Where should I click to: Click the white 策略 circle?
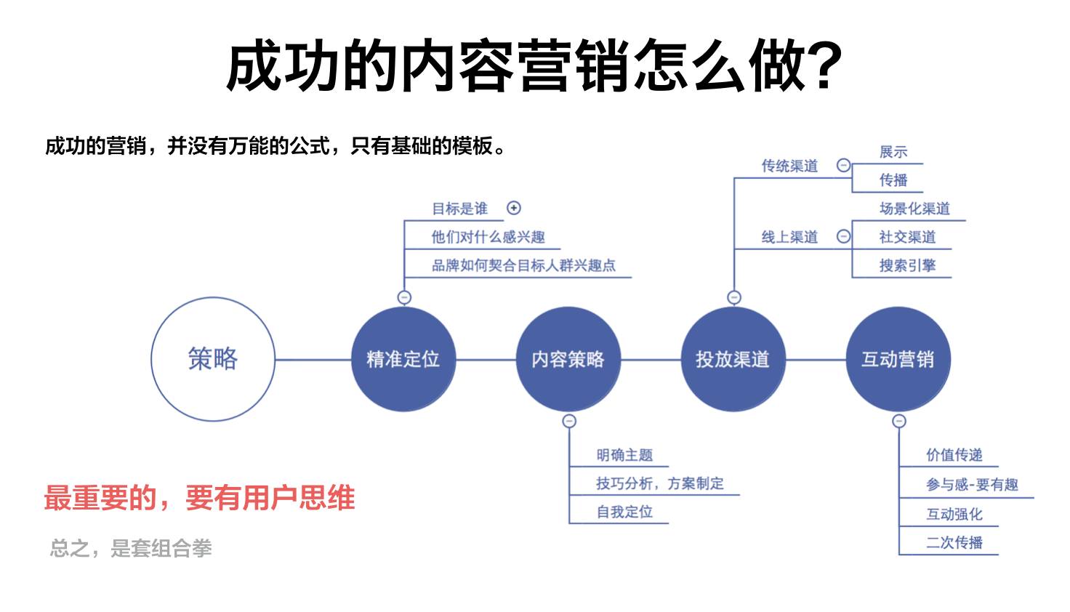coord(213,359)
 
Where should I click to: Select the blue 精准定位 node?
coord(403,359)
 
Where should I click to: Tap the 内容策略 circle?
coord(568,359)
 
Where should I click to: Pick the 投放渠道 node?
coord(733,359)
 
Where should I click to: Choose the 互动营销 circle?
coord(898,359)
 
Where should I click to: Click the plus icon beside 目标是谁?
coord(514,208)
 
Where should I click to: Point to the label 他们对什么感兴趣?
coord(488,237)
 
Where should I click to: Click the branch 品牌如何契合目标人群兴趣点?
coord(523,265)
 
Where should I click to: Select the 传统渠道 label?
coord(789,166)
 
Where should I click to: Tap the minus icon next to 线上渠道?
coord(843,236)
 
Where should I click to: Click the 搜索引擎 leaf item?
coord(907,265)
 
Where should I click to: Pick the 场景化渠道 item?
coord(914,209)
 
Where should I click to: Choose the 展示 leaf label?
coord(893,152)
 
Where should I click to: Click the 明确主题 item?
coord(624,455)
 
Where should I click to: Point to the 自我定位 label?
coord(624,512)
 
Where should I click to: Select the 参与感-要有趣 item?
coord(972,484)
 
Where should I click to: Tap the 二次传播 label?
coord(954,542)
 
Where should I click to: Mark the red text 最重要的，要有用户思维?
coord(199,499)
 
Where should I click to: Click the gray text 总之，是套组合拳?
coord(131,548)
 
